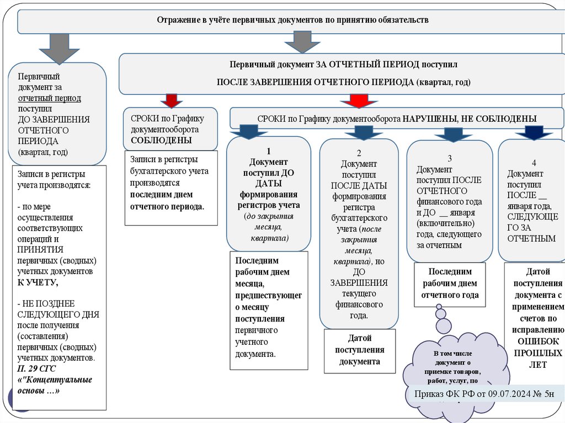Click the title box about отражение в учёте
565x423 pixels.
coord(292,20)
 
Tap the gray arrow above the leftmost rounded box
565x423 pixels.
coord(60,47)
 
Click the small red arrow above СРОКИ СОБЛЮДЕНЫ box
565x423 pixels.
coord(171,100)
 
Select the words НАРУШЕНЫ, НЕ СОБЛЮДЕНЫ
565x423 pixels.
coord(469,119)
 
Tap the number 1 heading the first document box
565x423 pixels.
coord(268,151)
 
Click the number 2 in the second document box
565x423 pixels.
coord(359,153)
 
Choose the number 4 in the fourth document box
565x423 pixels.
coord(534,163)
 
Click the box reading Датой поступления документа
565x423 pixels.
coord(359,350)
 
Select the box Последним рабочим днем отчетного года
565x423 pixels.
coord(450,283)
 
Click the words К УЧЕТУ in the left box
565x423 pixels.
coord(38,282)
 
